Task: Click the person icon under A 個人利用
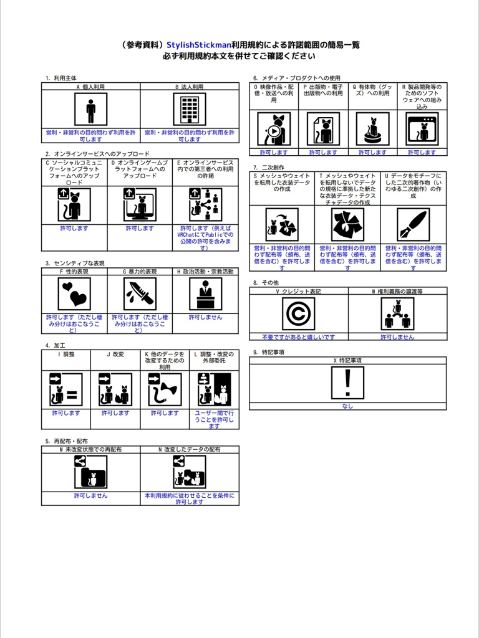pos(91,110)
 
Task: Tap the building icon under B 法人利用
pos(189,110)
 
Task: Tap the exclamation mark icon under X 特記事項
pos(347,381)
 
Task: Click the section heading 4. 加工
pos(56,345)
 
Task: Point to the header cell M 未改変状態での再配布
pos(91,449)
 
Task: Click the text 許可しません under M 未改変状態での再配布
pos(91,496)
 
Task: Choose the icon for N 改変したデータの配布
pos(189,472)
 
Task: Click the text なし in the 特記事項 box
pos(347,406)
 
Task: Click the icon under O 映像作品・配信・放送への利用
pos(274,129)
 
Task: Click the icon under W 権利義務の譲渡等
pos(397,313)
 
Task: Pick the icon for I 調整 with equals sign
pos(66,389)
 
